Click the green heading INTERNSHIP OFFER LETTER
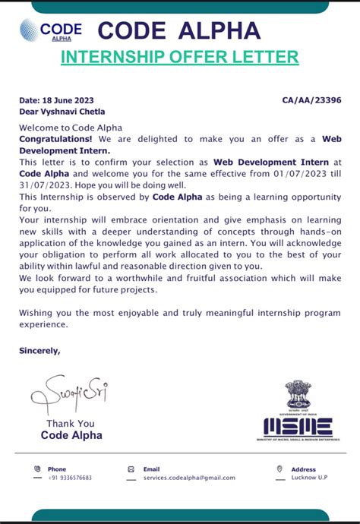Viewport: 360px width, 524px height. point(179,57)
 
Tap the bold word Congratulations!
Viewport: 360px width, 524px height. point(55,139)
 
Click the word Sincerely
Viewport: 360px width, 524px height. point(39,351)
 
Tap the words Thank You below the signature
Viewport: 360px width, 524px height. point(71,424)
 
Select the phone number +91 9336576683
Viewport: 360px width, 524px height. point(70,478)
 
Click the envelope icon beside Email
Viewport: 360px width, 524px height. point(131,469)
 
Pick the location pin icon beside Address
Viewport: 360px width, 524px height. point(279,469)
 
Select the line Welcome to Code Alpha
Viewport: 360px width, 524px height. point(70,128)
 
